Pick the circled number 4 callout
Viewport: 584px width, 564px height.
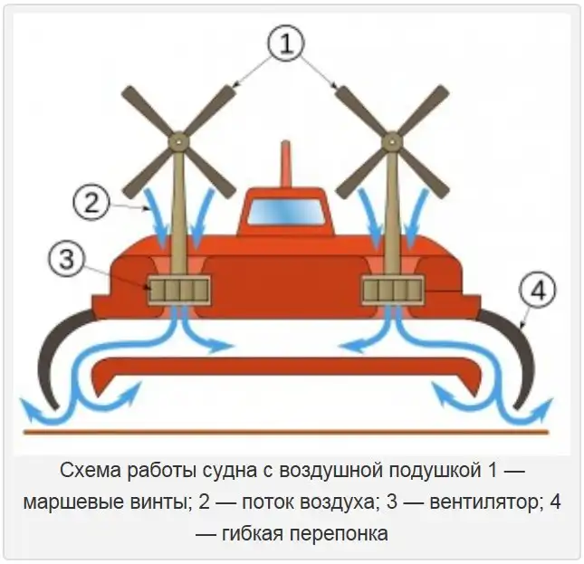536,292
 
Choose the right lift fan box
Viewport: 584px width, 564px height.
392,291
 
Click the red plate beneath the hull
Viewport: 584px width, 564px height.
286,369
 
